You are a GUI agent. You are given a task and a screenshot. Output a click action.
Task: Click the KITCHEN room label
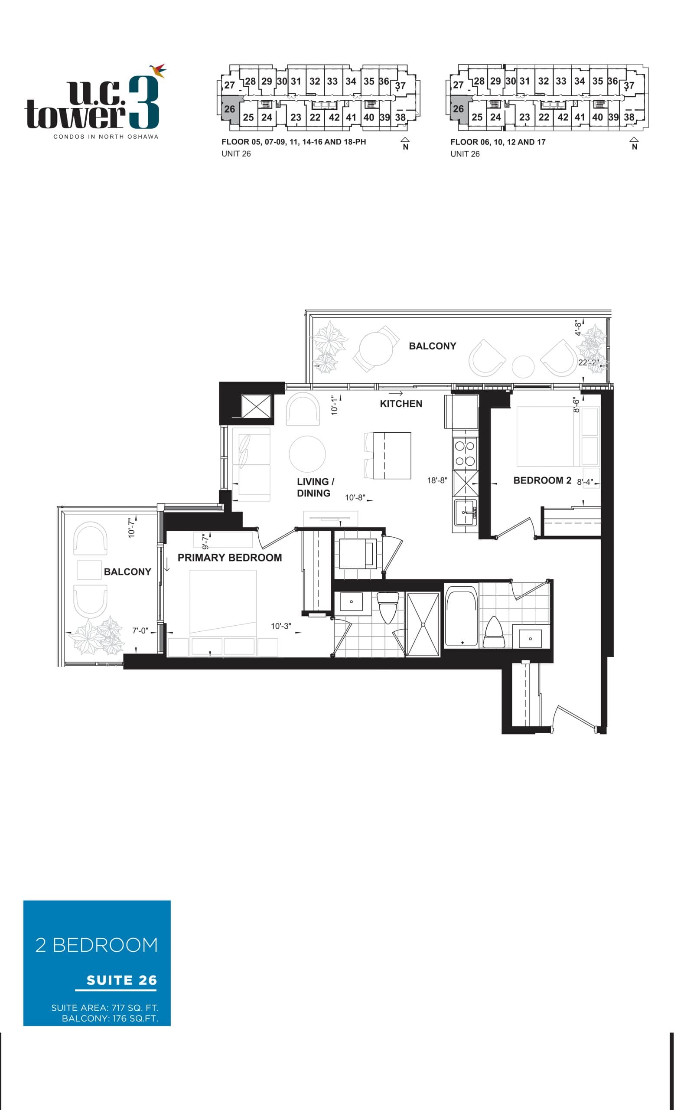click(400, 404)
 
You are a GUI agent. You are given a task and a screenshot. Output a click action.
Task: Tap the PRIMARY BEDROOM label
click(230, 558)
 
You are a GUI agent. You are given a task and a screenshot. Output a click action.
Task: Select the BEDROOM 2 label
click(542, 481)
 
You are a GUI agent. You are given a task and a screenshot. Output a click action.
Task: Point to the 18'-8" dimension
click(437, 481)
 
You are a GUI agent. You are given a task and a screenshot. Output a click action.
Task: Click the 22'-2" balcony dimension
click(588, 362)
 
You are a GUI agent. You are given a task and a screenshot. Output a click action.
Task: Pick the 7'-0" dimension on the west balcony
click(140, 631)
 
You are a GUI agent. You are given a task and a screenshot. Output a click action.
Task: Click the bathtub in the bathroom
click(461, 616)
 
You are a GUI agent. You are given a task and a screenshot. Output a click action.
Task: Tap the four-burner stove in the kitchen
click(464, 453)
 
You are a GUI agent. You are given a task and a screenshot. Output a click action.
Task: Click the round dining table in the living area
click(307, 454)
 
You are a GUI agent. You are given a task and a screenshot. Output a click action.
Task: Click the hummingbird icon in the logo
click(159, 70)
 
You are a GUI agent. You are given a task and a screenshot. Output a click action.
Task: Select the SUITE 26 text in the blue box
click(121, 980)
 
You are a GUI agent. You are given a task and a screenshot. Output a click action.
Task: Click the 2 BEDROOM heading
click(97, 945)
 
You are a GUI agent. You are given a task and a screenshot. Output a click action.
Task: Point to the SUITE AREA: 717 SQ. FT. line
click(104, 1008)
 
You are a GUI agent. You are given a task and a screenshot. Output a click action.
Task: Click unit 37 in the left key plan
click(400, 85)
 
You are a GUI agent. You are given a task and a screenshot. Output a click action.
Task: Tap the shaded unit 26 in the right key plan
click(458, 109)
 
